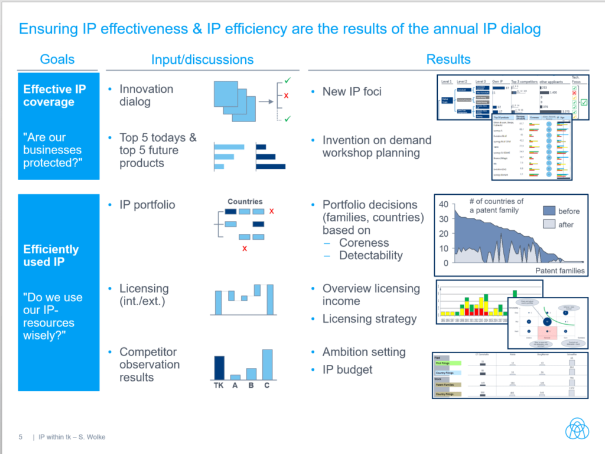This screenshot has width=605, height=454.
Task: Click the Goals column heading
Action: pos(57,59)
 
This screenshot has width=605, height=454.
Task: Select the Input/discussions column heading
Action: pos(202,60)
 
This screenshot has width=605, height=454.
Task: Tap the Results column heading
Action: pos(448,59)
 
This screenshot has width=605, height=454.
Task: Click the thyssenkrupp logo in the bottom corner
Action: pos(577,429)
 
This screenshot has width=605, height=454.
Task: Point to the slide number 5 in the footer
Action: pos(21,437)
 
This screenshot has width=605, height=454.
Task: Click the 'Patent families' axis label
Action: pos(560,270)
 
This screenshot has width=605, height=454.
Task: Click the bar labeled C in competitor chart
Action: pos(267,364)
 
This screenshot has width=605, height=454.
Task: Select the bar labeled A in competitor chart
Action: pos(235,377)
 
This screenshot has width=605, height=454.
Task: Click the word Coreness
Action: pos(364,243)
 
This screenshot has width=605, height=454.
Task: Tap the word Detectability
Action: pos(370,256)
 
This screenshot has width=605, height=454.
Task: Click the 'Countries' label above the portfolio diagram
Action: pos(245,201)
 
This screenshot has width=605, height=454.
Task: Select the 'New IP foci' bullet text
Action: pos(352,92)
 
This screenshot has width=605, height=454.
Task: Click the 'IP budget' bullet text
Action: pos(347,370)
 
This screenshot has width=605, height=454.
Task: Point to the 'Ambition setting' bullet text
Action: pos(364,352)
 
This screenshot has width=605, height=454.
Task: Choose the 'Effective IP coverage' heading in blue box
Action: pos(54,96)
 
